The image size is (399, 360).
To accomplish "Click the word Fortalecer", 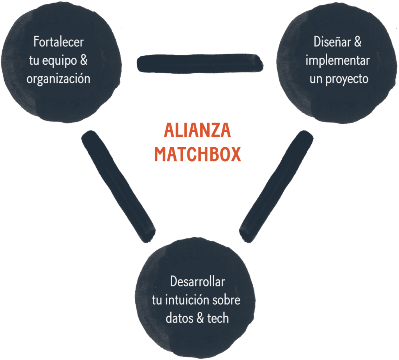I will tap(58, 41).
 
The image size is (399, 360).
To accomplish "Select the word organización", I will tap(58, 78).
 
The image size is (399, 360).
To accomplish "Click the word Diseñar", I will tap(332, 42).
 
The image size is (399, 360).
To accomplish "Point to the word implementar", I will tap(337, 60).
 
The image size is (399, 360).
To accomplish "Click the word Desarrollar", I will tap(197, 281).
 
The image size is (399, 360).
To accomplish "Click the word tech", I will tap(218, 318).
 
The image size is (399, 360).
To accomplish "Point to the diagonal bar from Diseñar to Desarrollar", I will tap(276, 186).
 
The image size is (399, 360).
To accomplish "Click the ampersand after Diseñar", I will tap(357, 42).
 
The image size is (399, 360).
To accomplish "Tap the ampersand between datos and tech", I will tap(200, 318).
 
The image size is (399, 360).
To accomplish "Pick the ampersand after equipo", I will tap(83, 60).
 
